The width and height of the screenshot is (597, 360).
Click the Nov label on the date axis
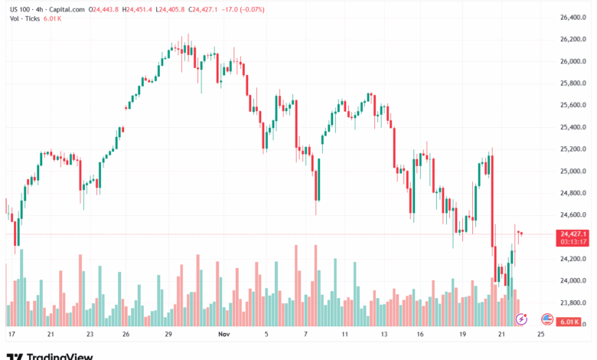223,335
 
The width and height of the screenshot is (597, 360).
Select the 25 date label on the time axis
541,335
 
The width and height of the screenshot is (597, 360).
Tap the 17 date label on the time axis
11,335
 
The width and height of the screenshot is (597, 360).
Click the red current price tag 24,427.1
573,234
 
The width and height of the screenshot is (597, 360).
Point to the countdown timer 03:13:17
573,242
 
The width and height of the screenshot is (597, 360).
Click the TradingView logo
50,355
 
